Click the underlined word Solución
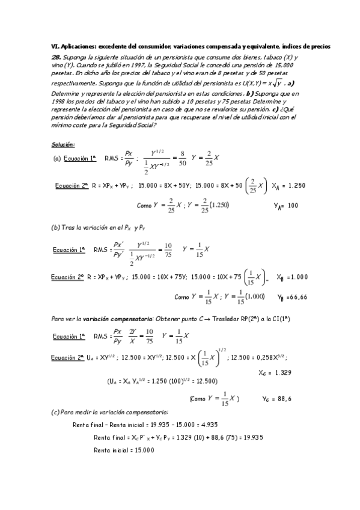(63, 144)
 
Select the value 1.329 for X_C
(281, 372)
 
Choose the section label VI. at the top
(54, 46)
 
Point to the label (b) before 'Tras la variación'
(57, 227)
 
